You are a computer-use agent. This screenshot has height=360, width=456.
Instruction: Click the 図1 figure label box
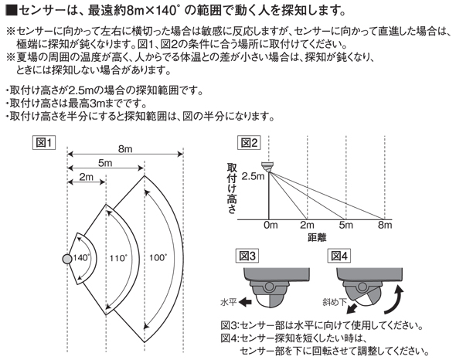coord(43,143)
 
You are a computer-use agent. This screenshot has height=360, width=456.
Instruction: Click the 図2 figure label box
coord(249,143)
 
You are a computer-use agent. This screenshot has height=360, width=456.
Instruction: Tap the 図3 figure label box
coord(247,256)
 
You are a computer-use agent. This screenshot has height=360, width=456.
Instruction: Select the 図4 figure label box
coord(339,256)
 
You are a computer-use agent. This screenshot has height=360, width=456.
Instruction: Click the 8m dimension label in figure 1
coord(125,149)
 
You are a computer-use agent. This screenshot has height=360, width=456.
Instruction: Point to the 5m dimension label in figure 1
coord(105,163)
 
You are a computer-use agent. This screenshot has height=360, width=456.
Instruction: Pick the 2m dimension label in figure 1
coord(87,177)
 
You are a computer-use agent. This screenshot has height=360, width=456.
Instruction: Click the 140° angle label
coord(81,258)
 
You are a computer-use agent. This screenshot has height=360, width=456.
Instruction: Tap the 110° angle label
coord(119,258)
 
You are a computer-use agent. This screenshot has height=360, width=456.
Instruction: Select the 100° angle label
coord(158,258)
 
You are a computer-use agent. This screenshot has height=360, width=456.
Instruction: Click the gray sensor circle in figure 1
coord(67,259)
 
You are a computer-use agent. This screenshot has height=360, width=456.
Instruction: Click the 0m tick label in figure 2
coord(271,225)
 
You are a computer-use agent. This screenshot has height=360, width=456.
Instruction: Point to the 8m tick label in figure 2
coord(385,225)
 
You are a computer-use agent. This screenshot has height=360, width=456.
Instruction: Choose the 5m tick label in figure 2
coord(345,225)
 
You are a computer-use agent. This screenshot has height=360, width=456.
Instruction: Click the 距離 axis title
coord(317,238)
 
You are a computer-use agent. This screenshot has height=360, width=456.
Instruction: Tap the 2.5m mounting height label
coord(253,176)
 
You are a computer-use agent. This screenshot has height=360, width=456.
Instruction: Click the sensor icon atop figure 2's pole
coord(268,167)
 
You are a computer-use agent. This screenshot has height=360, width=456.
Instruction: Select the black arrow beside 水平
coord(245,302)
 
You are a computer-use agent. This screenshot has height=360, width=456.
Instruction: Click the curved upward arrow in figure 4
coord(394,300)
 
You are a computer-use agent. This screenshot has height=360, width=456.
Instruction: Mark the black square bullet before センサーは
coord(11,11)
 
